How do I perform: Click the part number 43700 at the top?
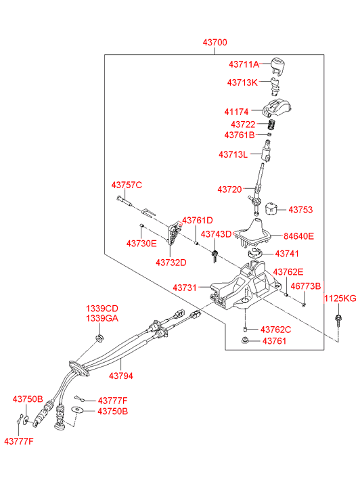pyautogui.click(x=215, y=42)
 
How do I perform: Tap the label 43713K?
pyautogui.click(x=242, y=83)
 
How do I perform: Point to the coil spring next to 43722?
pyautogui.click(x=272, y=125)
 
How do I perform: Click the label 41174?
pyautogui.click(x=236, y=112)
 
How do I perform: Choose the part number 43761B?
pyautogui.click(x=239, y=135)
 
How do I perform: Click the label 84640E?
pyautogui.click(x=298, y=236)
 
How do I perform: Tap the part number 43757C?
pyautogui.click(x=127, y=185)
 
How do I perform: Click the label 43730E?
pyautogui.click(x=141, y=243)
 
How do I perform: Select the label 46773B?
pyautogui.click(x=306, y=286)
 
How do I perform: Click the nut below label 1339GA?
pyautogui.click(x=99, y=338)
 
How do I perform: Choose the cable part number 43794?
pyautogui.click(x=121, y=376)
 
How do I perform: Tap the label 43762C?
pyautogui.click(x=275, y=330)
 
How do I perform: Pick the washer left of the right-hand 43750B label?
pyautogui.click(x=77, y=410)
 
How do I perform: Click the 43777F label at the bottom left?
pyautogui.click(x=19, y=441)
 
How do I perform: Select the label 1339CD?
pyautogui.click(x=102, y=309)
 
